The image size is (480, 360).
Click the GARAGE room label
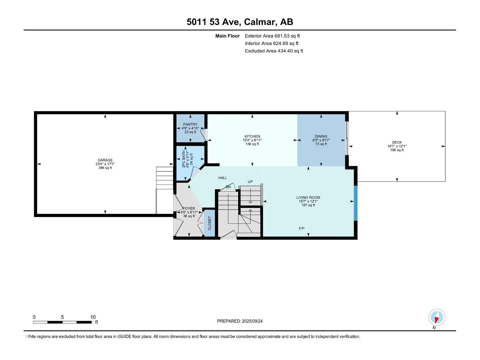(105, 160)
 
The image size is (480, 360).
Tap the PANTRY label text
(190, 124)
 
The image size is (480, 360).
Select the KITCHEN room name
(252, 136)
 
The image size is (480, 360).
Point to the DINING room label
(321, 136)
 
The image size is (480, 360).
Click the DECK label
(397, 142)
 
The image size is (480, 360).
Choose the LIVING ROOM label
(308, 197)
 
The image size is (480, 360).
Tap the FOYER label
(189, 208)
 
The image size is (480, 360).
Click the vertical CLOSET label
(209, 223)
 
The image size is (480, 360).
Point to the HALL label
(223, 178)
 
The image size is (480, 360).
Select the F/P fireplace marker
(301, 228)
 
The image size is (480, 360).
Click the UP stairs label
(250, 181)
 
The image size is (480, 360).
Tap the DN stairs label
(228, 187)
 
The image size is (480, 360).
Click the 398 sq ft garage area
(105, 168)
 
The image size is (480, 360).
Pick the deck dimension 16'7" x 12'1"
(397, 146)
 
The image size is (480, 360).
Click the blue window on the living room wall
(355, 203)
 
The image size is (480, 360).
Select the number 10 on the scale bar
(93, 317)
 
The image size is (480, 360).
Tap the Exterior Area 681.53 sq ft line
(272, 36)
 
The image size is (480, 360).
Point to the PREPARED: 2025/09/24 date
(240, 321)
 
